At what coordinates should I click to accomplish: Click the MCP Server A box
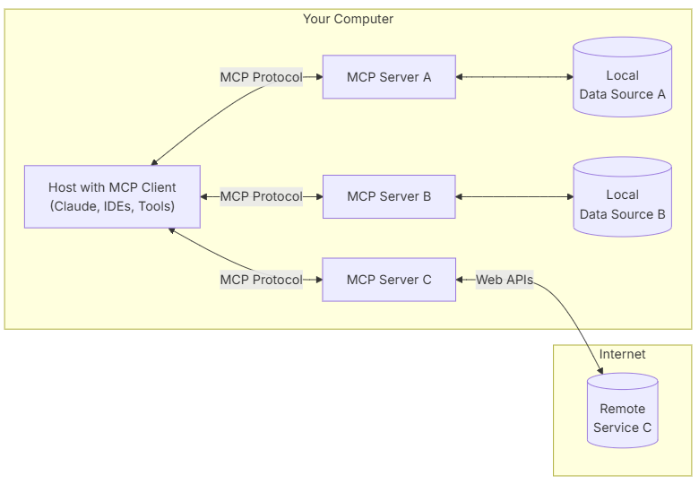(x=389, y=77)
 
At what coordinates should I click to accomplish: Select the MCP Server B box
(x=389, y=196)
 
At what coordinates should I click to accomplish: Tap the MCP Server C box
(x=389, y=280)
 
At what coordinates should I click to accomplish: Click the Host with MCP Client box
(x=112, y=197)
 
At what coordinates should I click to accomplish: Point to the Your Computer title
(x=348, y=19)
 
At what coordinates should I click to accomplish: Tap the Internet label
(x=622, y=354)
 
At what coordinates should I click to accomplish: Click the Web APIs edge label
(x=505, y=280)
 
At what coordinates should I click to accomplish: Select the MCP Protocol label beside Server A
(x=261, y=77)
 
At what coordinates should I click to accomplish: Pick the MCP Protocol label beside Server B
(x=261, y=196)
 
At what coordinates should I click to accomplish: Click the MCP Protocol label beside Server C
(x=261, y=280)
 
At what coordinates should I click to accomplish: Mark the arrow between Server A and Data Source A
(x=514, y=77)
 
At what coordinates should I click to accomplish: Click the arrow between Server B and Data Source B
(x=514, y=196)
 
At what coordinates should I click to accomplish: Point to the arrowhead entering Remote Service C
(x=600, y=370)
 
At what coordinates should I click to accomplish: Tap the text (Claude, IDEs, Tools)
(x=112, y=206)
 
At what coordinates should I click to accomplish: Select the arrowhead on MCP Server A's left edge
(x=318, y=77)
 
